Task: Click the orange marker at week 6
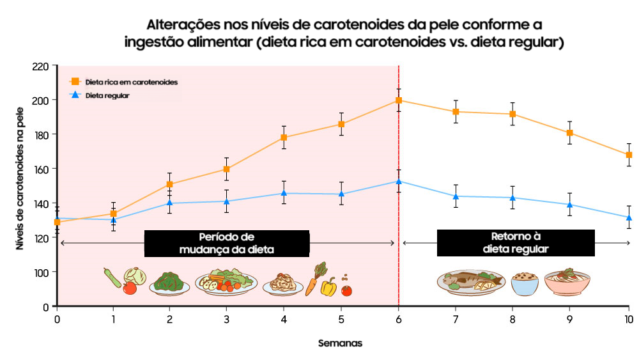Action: [399, 100]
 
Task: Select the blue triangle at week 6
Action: [399, 181]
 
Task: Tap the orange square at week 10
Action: [629, 155]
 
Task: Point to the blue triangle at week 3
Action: [226, 201]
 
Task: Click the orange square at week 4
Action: [284, 137]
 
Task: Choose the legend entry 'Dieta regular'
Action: [112, 95]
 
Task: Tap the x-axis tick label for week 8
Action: [512, 318]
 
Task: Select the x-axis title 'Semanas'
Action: [341, 343]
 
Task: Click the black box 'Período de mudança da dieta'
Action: [227, 244]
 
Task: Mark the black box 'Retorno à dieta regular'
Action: [516, 243]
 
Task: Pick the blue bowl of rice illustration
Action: [525, 283]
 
